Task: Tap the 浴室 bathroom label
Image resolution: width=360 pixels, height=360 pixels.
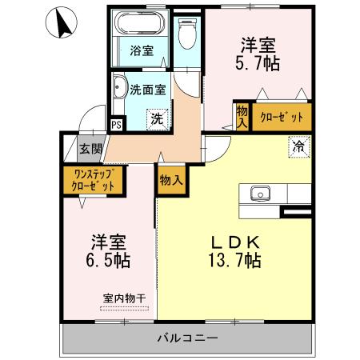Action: (x=142, y=50)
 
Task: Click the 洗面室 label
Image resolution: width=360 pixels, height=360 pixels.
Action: (x=148, y=90)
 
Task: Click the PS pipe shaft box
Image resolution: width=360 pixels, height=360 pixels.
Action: (x=117, y=124)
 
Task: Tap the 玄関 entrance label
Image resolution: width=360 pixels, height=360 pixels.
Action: (x=90, y=148)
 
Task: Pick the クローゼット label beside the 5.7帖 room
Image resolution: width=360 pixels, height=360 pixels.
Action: (x=282, y=118)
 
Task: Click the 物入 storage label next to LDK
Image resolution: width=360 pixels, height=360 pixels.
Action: (x=170, y=179)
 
